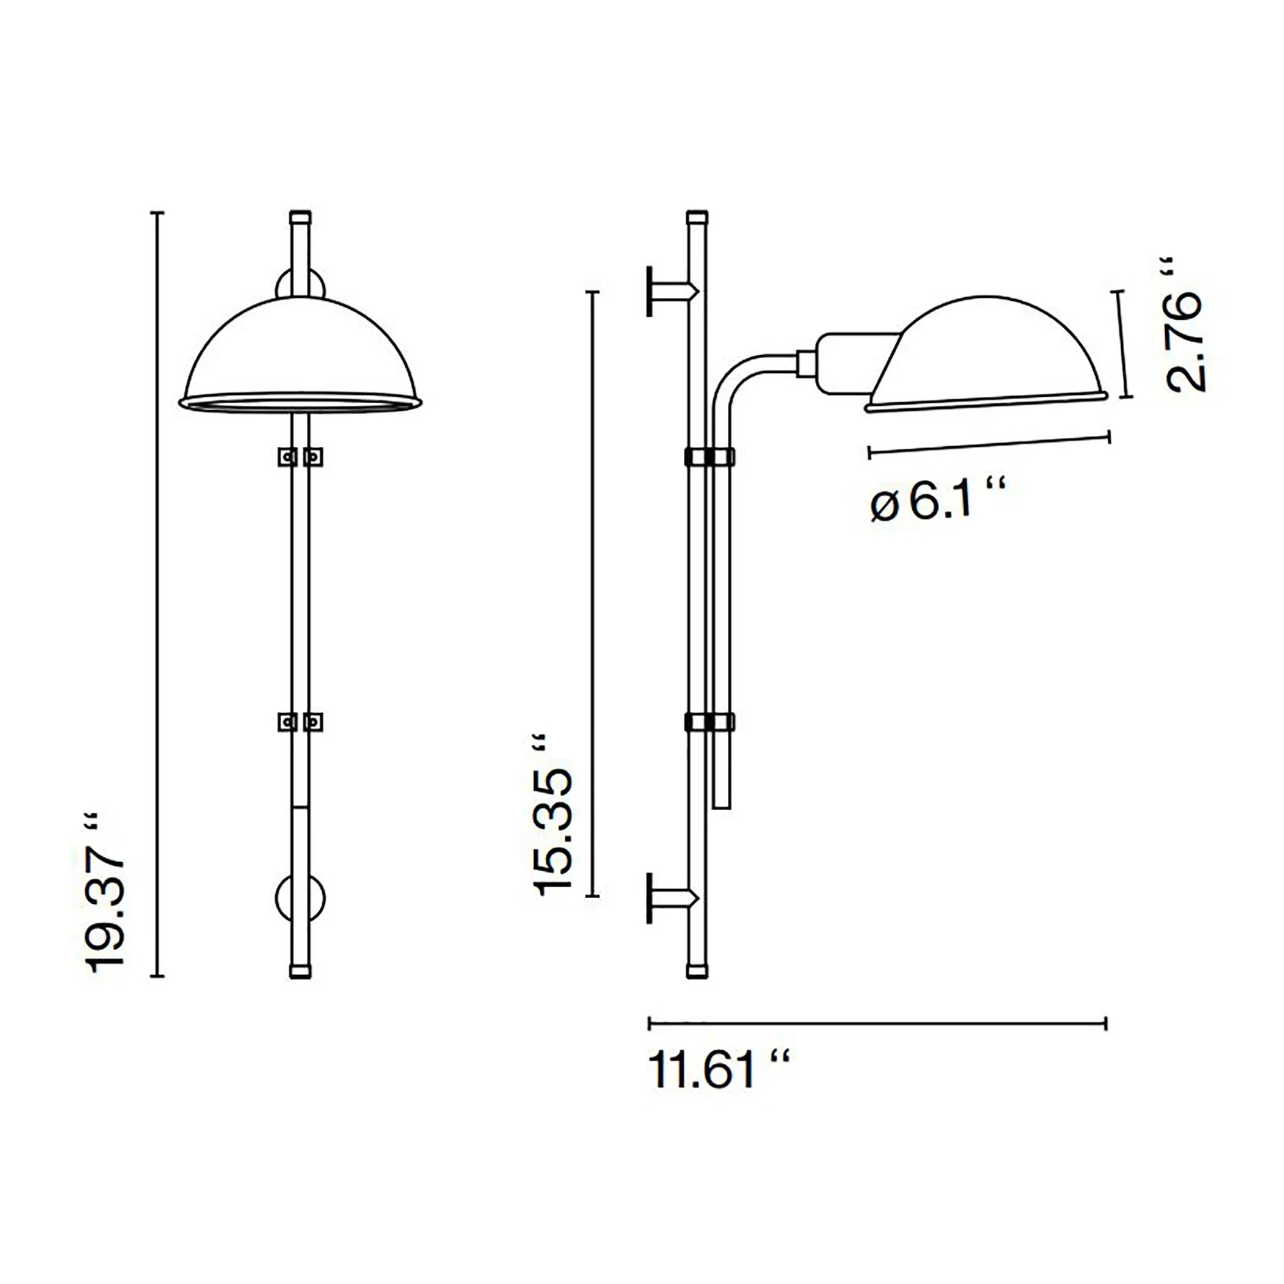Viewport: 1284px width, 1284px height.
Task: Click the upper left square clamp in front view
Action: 287,456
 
